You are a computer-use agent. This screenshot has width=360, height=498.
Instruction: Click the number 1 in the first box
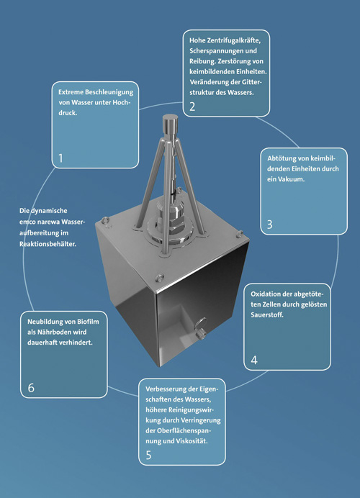(x=60, y=158)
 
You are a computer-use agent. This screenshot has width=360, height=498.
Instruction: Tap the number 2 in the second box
(x=192, y=107)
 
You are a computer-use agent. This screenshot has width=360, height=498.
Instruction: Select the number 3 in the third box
(x=269, y=225)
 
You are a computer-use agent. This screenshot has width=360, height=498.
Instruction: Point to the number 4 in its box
(x=254, y=360)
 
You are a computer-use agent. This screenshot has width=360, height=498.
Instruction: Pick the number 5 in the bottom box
(x=149, y=455)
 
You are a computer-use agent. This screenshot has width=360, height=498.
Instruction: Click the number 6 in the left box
(x=31, y=388)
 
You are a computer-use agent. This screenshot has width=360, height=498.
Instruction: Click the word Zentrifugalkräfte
(x=233, y=40)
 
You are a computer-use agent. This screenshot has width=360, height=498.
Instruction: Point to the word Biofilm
(x=88, y=322)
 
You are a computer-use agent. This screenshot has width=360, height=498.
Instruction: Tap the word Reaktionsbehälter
(x=48, y=244)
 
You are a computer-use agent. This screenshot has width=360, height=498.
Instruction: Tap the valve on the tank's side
(x=200, y=327)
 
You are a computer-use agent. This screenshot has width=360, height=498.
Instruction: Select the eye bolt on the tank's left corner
(x=106, y=222)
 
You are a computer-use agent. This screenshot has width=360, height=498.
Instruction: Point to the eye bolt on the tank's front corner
(x=160, y=279)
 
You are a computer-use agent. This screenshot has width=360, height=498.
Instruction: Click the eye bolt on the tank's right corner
(x=240, y=234)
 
